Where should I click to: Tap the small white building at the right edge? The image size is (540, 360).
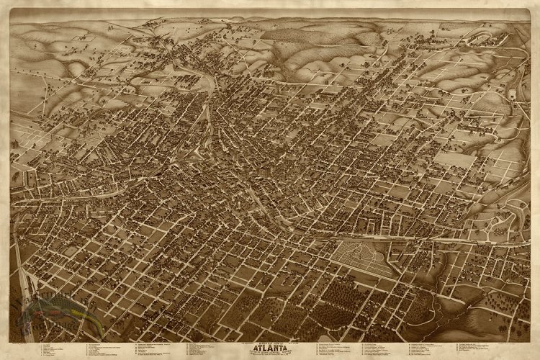coord(512,94)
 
